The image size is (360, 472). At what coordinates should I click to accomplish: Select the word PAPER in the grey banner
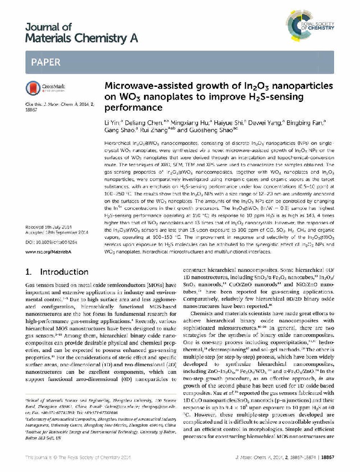coord(46,62)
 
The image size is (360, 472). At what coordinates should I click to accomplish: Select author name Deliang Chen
coord(138,123)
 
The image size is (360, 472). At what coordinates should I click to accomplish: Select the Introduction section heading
coord(56,272)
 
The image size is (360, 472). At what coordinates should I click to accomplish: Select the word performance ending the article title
coord(133,108)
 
